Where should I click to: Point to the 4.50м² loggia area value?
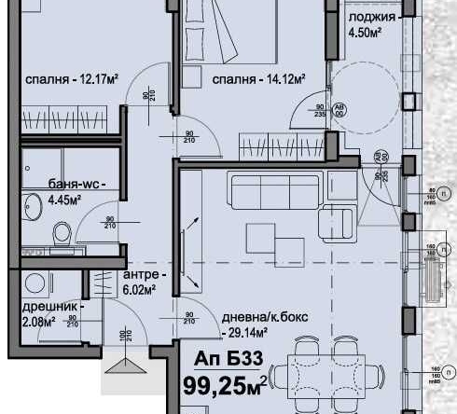point(367,36)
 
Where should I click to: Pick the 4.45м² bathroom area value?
point(64,198)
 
